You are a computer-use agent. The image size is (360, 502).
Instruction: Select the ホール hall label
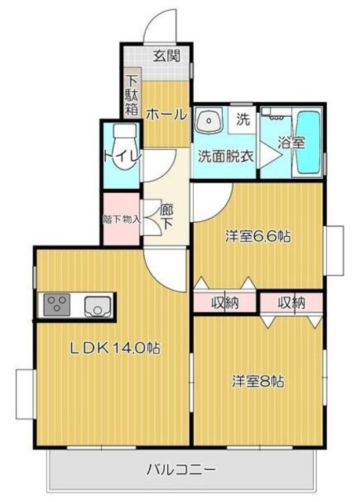click(165, 115)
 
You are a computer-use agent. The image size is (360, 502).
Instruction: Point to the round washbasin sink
click(208, 122)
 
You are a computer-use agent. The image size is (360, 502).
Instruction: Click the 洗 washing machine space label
click(243, 120)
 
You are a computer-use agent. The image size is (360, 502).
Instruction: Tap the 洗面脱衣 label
click(225, 155)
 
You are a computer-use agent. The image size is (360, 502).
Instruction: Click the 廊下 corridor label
click(165, 216)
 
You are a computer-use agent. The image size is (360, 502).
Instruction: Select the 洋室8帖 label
click(257, 381)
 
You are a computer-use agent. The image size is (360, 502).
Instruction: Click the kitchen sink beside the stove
click(97, 304)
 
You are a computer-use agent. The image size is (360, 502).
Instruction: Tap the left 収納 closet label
click(225, 302)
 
